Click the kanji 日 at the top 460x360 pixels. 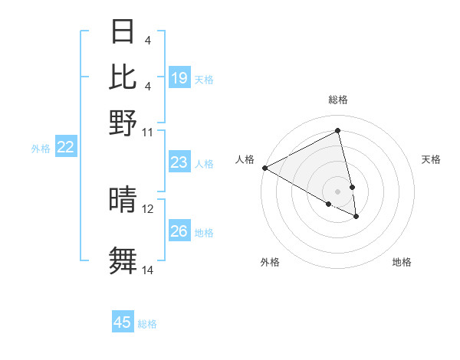click(x=123, y=32)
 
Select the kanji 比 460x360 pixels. click(x=123, y=77)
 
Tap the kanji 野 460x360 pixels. click(x=123, y=122)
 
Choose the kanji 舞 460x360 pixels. click(x=123, y=260)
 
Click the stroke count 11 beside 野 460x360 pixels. click(x=148, y=132)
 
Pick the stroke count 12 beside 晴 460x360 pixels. click(x=148, y=208)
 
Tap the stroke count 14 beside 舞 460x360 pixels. click(x=148, y=270)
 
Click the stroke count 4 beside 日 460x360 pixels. click(x=147, y=41)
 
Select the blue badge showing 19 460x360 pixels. click(x=179, y=77)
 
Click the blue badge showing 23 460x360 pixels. click(x=179, y=162)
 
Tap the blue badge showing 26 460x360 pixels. click(x=179, y=231)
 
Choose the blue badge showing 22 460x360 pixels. click(x=65, y=147)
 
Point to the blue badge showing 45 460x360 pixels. click(x=123, y=322)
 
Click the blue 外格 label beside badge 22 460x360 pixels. click(x=41, y=149)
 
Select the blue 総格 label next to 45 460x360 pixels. click(x=147, y=324)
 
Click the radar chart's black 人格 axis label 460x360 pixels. click(x=245, y=159)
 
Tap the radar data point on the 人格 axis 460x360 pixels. click(x=264, y=167)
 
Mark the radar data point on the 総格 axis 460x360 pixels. click(x=338, y=131)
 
